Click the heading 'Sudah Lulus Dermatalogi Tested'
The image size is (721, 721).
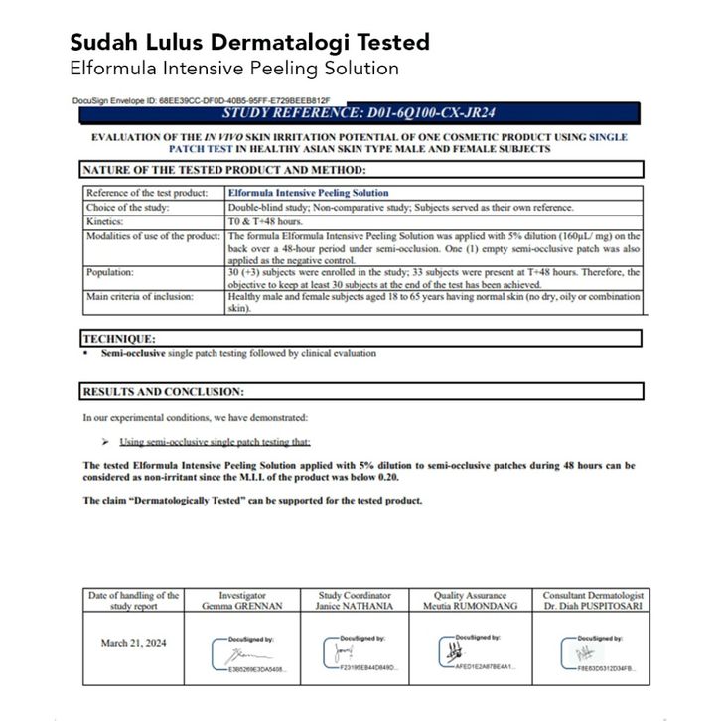coord(249,42)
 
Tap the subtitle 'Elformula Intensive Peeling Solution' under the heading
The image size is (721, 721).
coord(234,69)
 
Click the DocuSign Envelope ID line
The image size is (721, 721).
coord(201,100)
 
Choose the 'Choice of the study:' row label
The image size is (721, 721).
coord(128,208)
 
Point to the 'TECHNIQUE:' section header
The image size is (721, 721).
coord(118,339)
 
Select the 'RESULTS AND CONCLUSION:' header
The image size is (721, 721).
coord(163,392)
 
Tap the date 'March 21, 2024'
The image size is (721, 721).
coord(134,643)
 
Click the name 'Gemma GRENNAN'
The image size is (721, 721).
coord(242,606)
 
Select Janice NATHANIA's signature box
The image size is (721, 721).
coord(360,652)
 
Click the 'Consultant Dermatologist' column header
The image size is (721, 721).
coord(594,595)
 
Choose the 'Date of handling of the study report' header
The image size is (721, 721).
coord(134,600)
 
